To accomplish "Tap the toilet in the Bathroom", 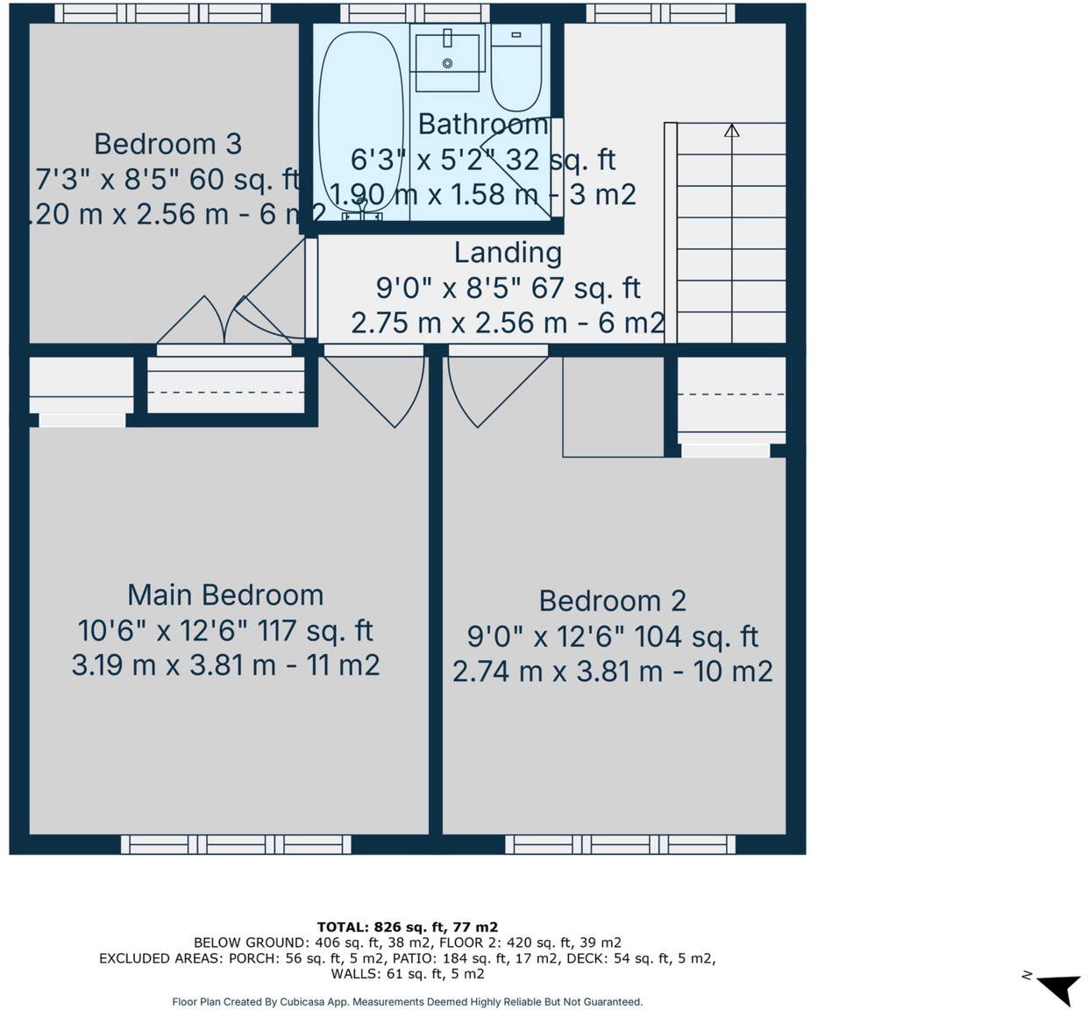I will click(516, 70).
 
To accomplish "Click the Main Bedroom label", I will click(225, 594).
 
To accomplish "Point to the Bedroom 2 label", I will click(612, 601).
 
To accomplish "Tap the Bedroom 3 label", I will click(167, 144).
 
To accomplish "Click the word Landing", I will click(508, 252).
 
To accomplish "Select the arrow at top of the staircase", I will click(732, 131).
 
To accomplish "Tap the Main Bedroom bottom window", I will click(236, 844).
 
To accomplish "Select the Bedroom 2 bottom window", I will click(620, 844).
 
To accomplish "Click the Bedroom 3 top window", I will click(162, 13).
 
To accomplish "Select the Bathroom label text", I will click(483, 124).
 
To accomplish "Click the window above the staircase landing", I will click(660, 13).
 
